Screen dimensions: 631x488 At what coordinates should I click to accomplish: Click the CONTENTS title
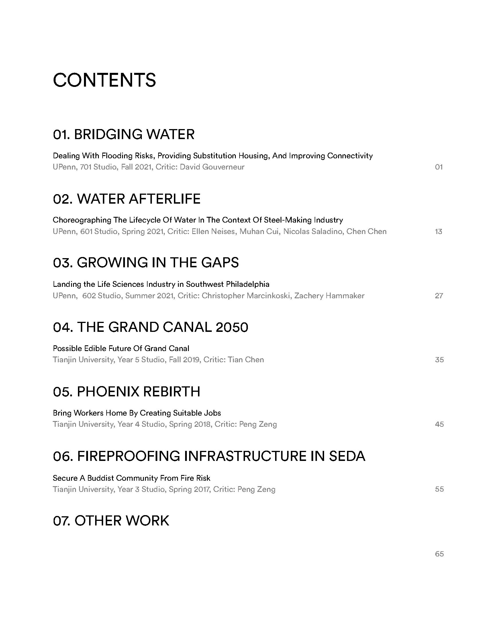click(104, 80)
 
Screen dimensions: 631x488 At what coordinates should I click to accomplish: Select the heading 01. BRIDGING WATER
click(124, 134)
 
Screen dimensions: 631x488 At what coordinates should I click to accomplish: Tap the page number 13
click(438, 231)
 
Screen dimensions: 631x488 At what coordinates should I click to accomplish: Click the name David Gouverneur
click(212, 167)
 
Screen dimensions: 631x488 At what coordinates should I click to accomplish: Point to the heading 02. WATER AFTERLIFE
click(126, 199)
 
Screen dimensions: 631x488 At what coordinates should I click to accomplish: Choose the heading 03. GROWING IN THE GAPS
click(146, 263)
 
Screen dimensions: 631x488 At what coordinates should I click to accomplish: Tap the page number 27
click(439, 295)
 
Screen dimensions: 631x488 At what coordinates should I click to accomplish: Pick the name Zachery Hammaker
click(329, 295)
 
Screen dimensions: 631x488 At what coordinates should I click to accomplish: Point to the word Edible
click(95, 348)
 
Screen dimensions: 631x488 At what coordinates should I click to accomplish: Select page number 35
click(439, 360)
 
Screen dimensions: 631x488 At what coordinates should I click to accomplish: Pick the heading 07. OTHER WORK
click(111, 521)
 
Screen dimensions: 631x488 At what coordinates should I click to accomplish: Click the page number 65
click(439, 554)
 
